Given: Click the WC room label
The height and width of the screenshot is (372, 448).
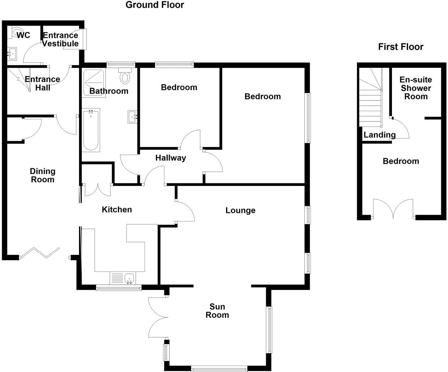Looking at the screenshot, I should [x=23, y=35].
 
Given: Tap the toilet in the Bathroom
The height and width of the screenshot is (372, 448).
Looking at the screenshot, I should [x=124, y=77].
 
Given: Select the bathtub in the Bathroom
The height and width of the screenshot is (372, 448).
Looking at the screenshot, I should [x=91, y=130].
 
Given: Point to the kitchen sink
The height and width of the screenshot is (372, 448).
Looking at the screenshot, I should [x=129, y=278].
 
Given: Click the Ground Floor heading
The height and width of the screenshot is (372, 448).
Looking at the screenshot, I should [x=155, y=5].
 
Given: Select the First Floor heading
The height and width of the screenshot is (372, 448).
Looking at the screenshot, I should [x=401, y=47].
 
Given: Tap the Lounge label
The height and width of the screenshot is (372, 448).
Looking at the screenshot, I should [x=240, y=210].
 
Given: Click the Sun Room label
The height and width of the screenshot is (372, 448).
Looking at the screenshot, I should [x=217, y=311].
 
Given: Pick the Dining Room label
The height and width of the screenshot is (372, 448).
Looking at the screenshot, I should [x=43, y=175].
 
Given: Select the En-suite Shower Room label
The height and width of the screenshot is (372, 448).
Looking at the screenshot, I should [x=416, y=88].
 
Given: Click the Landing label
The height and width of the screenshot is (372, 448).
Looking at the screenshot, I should [x=379, y=135].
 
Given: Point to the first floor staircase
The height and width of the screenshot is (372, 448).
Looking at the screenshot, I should [x=371, y=99].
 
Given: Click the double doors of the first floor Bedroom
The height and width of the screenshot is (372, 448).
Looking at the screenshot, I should [x=393, y=210].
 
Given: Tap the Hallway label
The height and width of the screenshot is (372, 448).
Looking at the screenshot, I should [x=170, y=158].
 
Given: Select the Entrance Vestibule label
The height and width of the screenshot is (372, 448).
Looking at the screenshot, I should [x=60, y=39].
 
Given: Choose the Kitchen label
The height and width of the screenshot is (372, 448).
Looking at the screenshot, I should [x=117, y=210].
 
